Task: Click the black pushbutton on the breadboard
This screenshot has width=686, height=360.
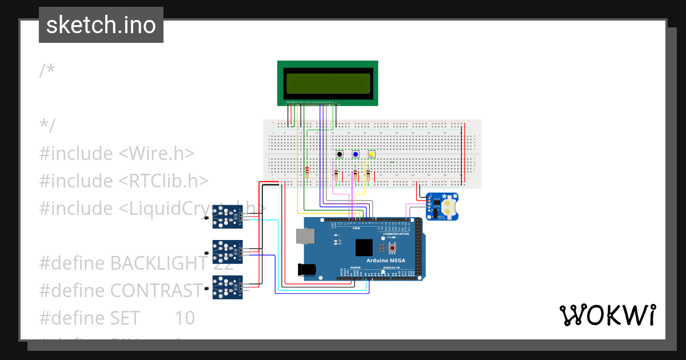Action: [x=340, y=154]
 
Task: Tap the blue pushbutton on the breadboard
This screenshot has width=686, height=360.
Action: [x=356, y=154]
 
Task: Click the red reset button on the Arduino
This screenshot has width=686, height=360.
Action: [x=392, y=248]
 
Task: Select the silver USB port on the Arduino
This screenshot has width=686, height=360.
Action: [x=305, y=237]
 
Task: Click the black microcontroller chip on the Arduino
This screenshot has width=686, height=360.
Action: [x=364, y=247]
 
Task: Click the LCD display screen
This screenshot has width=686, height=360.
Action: [x=328, y=83]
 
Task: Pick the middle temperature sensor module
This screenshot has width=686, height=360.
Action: [x=227, y=251]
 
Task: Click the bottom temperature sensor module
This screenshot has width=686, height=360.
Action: [x=227, y=287]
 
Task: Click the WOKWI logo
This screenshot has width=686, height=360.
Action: [x=607, y=315]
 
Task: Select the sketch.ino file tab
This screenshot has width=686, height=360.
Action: [x=101, y=25]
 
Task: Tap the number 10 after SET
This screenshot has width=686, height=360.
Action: [x=184, y=318]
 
